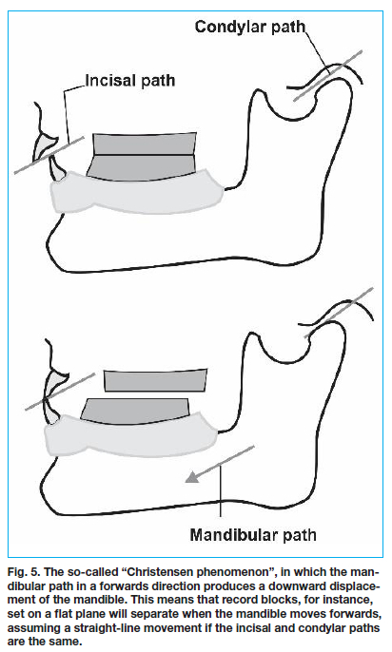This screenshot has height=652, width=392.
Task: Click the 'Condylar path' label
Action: coord(250,28)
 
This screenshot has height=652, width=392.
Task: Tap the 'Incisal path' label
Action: coord(130,80)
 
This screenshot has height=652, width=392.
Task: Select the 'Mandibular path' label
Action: coord(253,535)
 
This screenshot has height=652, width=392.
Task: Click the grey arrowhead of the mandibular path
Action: coord(192,477)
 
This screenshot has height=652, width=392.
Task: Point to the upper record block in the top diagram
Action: coord(145,144)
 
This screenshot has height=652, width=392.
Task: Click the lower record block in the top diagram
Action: coord(142,167)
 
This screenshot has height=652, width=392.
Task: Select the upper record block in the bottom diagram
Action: coord(155,380)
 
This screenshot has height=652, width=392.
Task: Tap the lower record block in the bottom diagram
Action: coord(135,411)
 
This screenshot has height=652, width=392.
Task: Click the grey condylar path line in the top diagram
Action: coord(327,76)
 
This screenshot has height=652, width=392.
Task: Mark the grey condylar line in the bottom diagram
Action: coord(339,313)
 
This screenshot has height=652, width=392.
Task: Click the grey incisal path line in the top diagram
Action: coord(49,155)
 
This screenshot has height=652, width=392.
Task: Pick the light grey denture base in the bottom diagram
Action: coord(131,435)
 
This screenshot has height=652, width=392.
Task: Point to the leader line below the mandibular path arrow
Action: coord(221,490)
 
